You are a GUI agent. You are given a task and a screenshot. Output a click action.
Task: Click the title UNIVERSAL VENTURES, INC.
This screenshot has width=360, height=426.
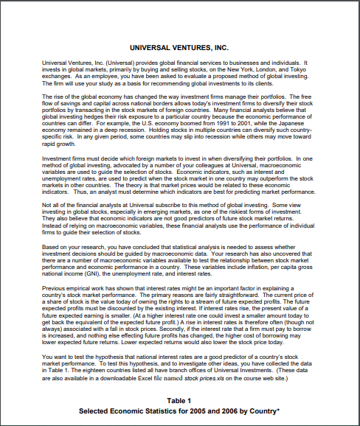(x=179, y=46)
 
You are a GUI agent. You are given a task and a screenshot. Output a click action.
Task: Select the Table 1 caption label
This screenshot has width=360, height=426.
(x=179, y=399)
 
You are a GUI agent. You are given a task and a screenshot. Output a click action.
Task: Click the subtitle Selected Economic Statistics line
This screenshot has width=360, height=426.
(x=179, y=410)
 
